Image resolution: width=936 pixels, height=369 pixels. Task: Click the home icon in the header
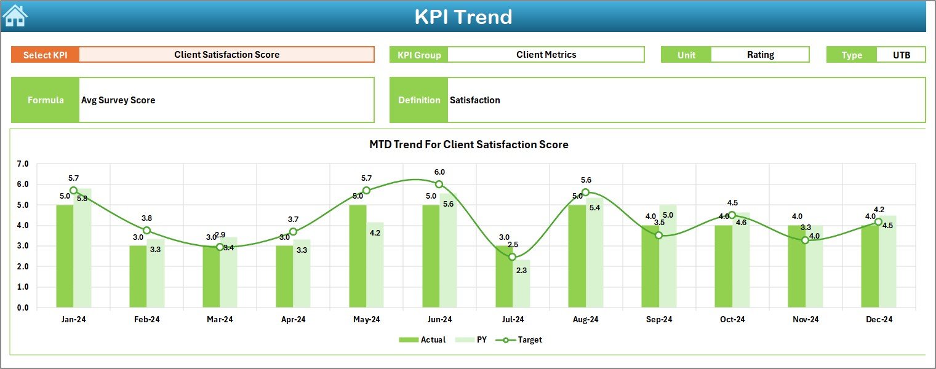(15, 15)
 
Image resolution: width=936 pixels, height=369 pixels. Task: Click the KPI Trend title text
(463, 17)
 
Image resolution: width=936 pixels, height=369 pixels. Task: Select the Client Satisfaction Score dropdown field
(226, 55)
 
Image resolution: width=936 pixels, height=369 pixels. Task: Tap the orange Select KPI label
(46, 55)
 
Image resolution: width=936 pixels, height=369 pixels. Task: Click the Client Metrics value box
(546, 55)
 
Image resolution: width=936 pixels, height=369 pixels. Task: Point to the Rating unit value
(760, 55)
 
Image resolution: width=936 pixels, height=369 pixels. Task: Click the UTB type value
(901, 55)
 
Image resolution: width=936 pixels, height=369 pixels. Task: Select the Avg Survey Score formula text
(118, 100)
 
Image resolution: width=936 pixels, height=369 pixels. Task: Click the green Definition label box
(418, 100)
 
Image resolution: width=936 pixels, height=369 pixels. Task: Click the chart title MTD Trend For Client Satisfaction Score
(468, 145)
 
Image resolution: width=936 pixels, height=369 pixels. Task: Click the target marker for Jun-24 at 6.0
(439, 184)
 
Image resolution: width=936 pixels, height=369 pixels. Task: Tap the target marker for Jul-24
(512, 256)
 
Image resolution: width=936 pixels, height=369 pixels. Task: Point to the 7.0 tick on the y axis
(23, 164)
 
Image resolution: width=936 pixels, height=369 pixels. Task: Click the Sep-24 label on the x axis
(658, 320)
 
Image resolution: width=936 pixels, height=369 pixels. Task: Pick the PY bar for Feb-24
(155, 274)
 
